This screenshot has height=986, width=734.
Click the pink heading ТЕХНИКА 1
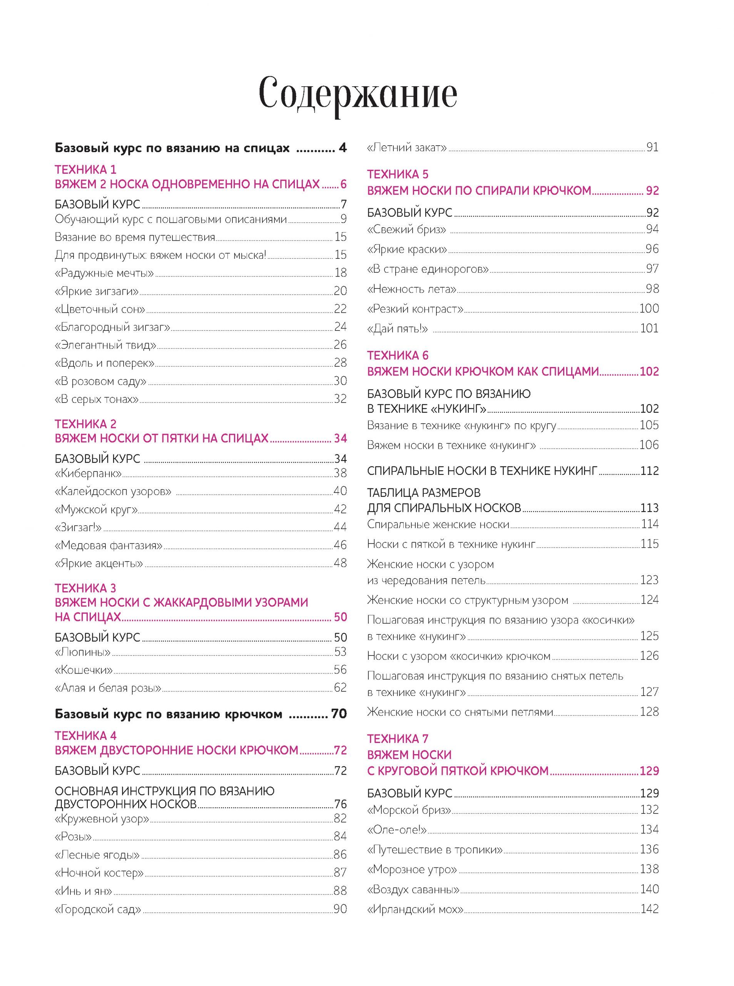coord(85,169)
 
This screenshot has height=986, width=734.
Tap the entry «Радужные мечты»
coord(104,273)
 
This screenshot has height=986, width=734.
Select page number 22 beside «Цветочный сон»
coord(340,309)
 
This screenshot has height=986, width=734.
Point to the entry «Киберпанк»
coord(88,473)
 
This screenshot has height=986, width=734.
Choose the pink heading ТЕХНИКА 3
coord(85,588)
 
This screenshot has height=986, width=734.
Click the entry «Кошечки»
coord(84,670)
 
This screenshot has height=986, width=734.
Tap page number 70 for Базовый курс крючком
coord(339,714)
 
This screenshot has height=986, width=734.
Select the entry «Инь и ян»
coord(83,891)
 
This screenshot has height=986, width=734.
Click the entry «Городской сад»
coord(98,909)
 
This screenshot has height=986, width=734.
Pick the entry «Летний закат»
coord(406,147)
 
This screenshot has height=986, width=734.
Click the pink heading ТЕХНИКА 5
coord(398,174)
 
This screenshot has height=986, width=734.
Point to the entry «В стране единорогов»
coord(428,269)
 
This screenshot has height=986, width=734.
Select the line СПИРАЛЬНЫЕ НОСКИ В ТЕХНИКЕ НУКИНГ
coord(482,471)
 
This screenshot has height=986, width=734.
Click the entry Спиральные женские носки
coord(438,525)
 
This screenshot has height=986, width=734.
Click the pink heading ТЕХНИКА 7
coord(398,739)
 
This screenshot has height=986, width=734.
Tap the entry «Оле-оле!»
coord(397,830)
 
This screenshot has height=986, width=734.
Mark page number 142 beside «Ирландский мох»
coord(649,909)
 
